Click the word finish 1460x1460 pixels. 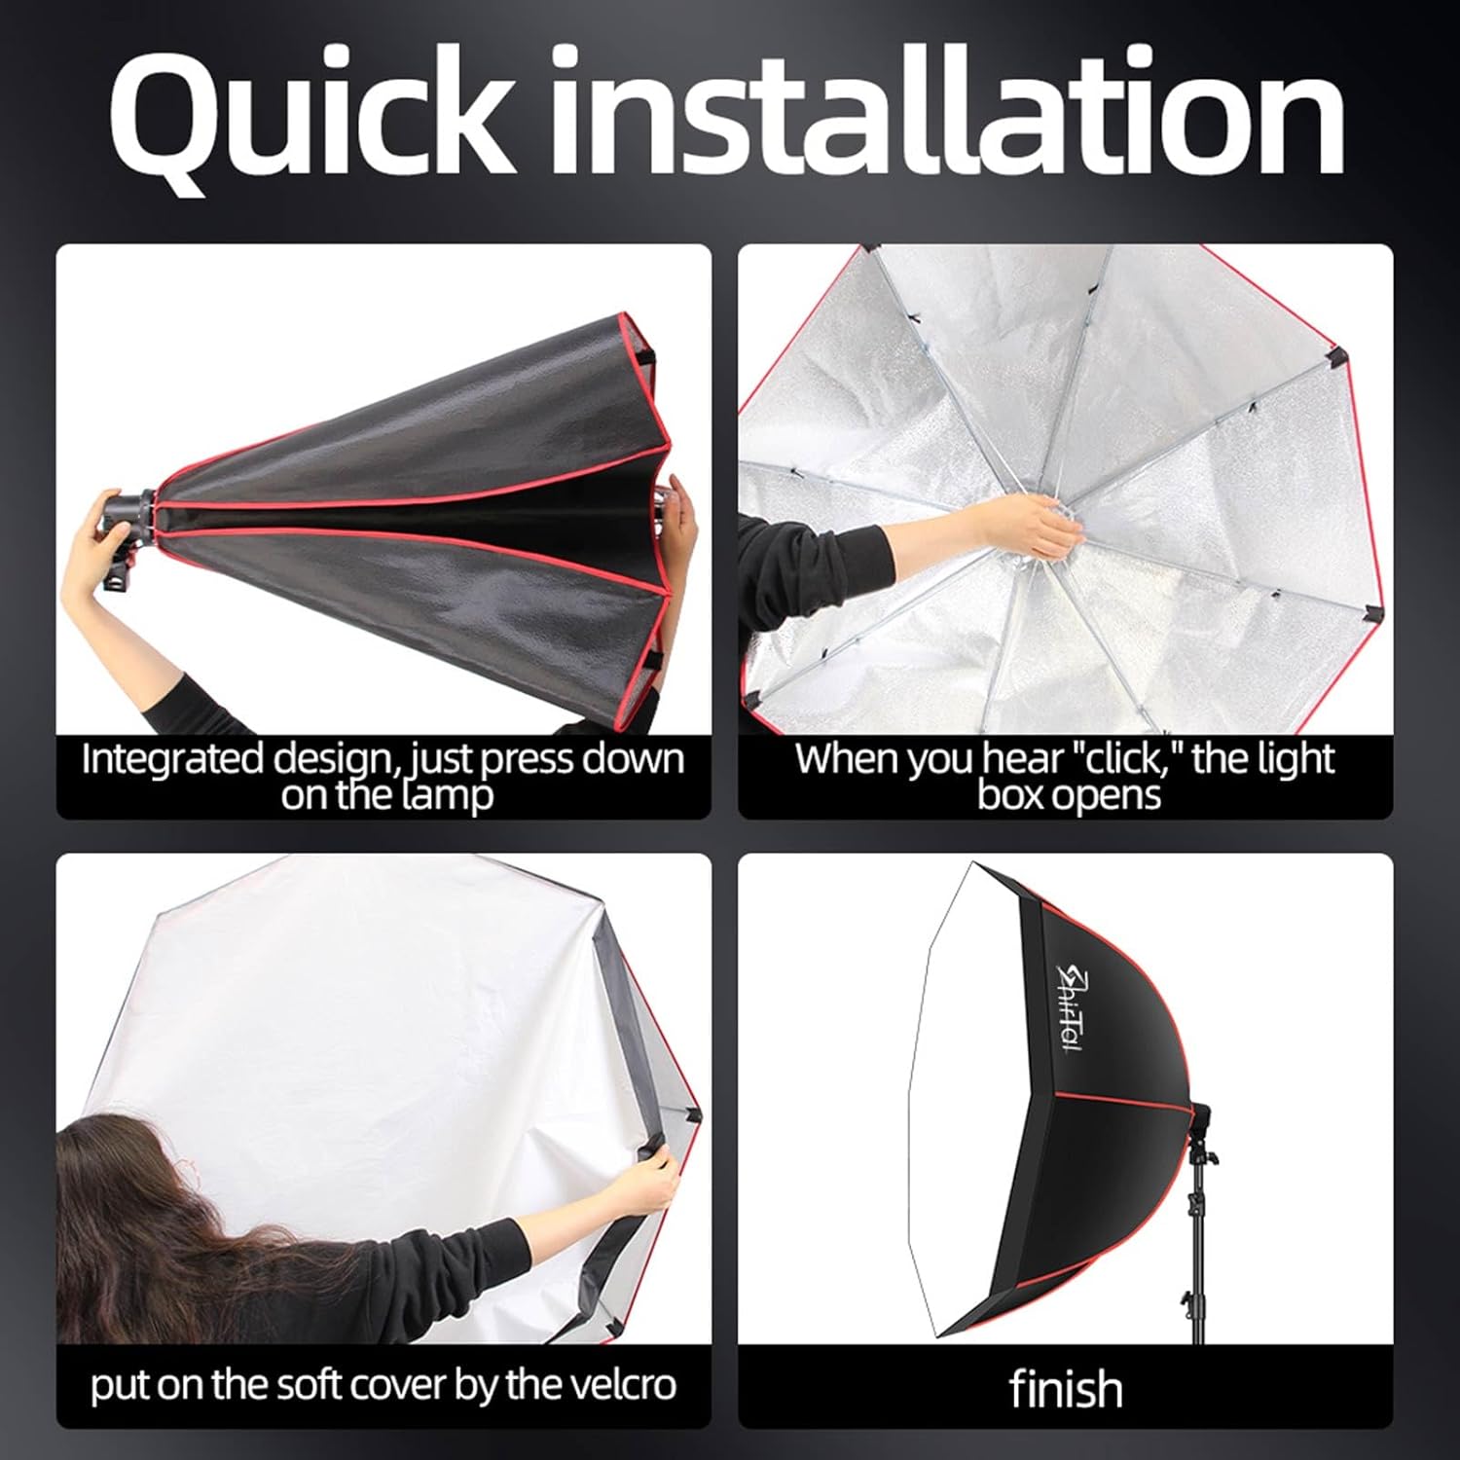1066,1388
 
